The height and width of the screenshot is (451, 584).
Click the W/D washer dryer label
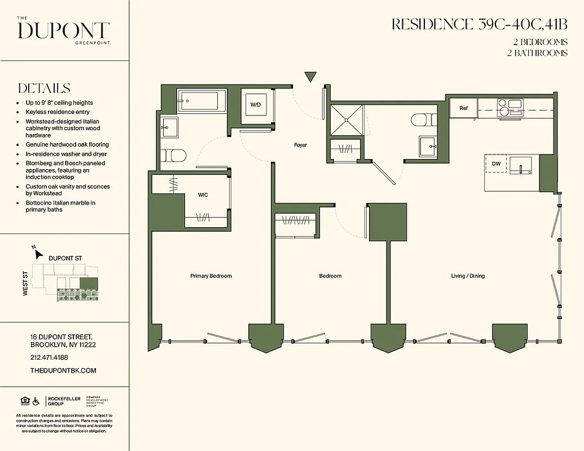coord(256,105)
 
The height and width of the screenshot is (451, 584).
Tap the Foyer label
coord(300,145)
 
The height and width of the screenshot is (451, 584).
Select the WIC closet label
coord(203,195)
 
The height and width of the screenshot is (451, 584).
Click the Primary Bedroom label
coord(211,276)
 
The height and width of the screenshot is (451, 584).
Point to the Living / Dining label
coord(468,276)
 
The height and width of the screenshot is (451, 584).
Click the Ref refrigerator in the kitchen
coord(463,108)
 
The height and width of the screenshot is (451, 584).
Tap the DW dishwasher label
coord(497,164)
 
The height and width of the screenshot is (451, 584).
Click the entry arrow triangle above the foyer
coord(310,77)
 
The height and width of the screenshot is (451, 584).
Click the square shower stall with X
coord(346,120)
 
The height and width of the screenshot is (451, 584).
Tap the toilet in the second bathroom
coord(423,120)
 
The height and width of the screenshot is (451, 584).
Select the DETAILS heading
coord(44,89)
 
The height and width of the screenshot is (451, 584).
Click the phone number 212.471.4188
coord(49,357)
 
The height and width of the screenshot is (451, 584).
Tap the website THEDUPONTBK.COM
coord(63,370)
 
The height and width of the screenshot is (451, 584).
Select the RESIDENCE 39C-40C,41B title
coord(479,24)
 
